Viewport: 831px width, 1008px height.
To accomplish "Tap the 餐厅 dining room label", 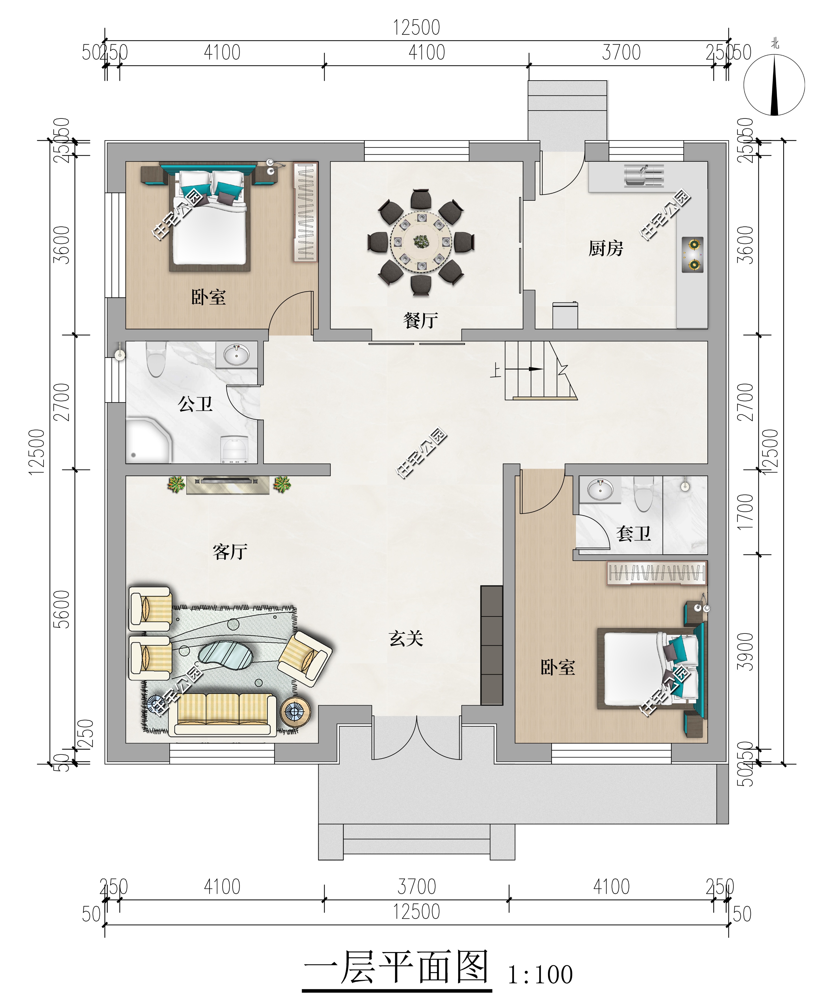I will (420, 320).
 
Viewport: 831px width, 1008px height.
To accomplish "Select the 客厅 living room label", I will (230, 552).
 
